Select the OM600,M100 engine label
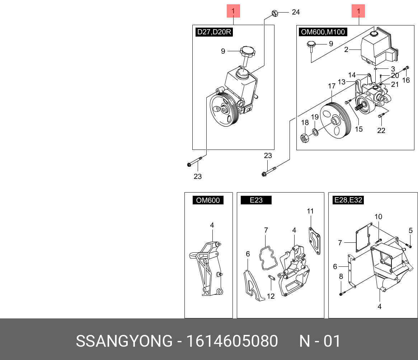coord(323,32)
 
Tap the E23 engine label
coord(256,200)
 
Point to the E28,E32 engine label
coord(348,200)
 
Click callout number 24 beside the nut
coord(296,13)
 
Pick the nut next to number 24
coord(274,14)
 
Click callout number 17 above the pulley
coord(332,86)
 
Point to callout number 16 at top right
coord(406,80)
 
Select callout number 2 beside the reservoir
coord(346,50)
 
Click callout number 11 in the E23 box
coord(310,211)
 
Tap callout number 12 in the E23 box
coord(271,297)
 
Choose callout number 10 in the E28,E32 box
coord(379,217)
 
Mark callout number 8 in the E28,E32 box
coord(341,276)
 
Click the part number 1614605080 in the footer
coord(232,341)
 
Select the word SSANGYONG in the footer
coord(124,341)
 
